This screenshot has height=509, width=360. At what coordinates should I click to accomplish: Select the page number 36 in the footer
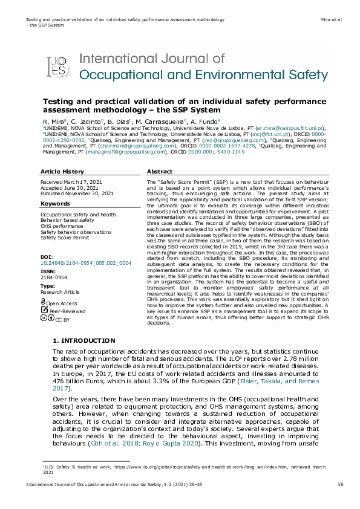pos(340,484)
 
